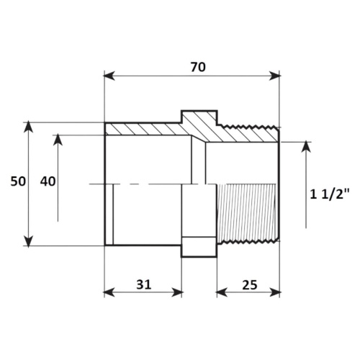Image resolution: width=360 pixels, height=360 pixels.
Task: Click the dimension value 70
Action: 198,67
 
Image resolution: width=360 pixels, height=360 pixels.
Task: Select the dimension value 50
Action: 18,181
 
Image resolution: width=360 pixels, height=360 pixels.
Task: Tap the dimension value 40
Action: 48,181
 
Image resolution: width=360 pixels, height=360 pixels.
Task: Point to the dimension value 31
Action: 144,284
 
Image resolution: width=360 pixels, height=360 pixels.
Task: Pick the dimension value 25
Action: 250,285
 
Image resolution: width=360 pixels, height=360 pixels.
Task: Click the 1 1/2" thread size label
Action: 330,194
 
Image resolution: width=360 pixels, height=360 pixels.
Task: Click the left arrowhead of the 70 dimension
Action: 109,76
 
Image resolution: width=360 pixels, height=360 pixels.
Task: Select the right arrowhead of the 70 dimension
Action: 274,76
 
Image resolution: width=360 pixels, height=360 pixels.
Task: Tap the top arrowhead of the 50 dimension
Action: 29,127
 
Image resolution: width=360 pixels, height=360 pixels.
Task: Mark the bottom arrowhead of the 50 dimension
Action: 29,241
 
